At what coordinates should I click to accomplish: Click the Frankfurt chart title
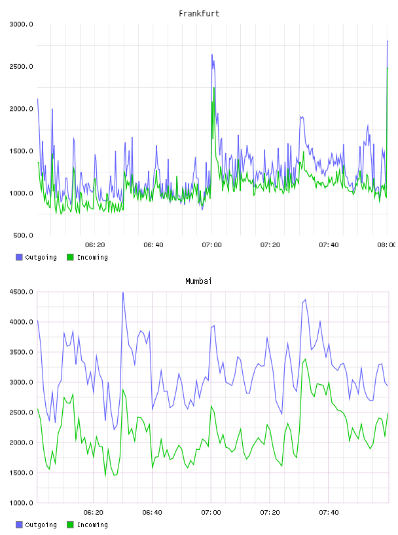pyautogui.click(x=199, y=14)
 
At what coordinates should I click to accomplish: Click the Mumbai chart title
pyautogui.click(x=198, y=281)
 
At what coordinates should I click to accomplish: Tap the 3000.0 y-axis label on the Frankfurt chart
pyautogui.click(x=22, y=24)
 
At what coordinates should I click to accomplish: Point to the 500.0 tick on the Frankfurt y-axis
pyautogui.click(x=23, y=235)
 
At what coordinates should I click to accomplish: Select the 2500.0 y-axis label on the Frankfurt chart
pyautogui.click(x=22, y=66)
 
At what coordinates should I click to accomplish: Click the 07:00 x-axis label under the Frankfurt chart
pyautogui.click(x=211, y=245)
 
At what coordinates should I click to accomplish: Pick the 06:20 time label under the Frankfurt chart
pyautogui.click(x=95, y=245)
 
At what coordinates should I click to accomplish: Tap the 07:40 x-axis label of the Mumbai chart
pyautogui.click(x=329, y=513)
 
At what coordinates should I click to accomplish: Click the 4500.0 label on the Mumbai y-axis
pyautogui.click(x=22, y=292)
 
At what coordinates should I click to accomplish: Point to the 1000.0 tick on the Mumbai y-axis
pyautogui.click(x=22, y=503)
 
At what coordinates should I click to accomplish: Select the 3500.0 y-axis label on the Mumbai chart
pyautogui.click(x=22, y=352)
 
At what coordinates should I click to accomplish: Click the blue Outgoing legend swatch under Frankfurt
pyautogui.click(x=19, y=257)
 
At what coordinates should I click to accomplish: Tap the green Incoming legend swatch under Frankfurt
pyautogui.click(x=70, y=257)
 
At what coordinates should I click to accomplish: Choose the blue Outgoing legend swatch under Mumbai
pyautogui.click(x=19, y=525)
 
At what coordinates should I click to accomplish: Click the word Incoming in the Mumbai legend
pyautogui.click(x=92, y=525)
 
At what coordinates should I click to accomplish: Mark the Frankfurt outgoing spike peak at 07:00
pyautogui.click(x=212, y=54)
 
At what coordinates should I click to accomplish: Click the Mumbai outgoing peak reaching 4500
pyautogui.click(x=123, y=293)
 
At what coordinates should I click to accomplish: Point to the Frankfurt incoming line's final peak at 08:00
pyautogui.click(x=388, y=68)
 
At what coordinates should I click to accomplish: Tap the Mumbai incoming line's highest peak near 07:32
pyautogui.click(x=305, y=359)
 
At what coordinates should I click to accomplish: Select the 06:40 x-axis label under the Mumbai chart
pyautogui.click(x=153, y=513)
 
